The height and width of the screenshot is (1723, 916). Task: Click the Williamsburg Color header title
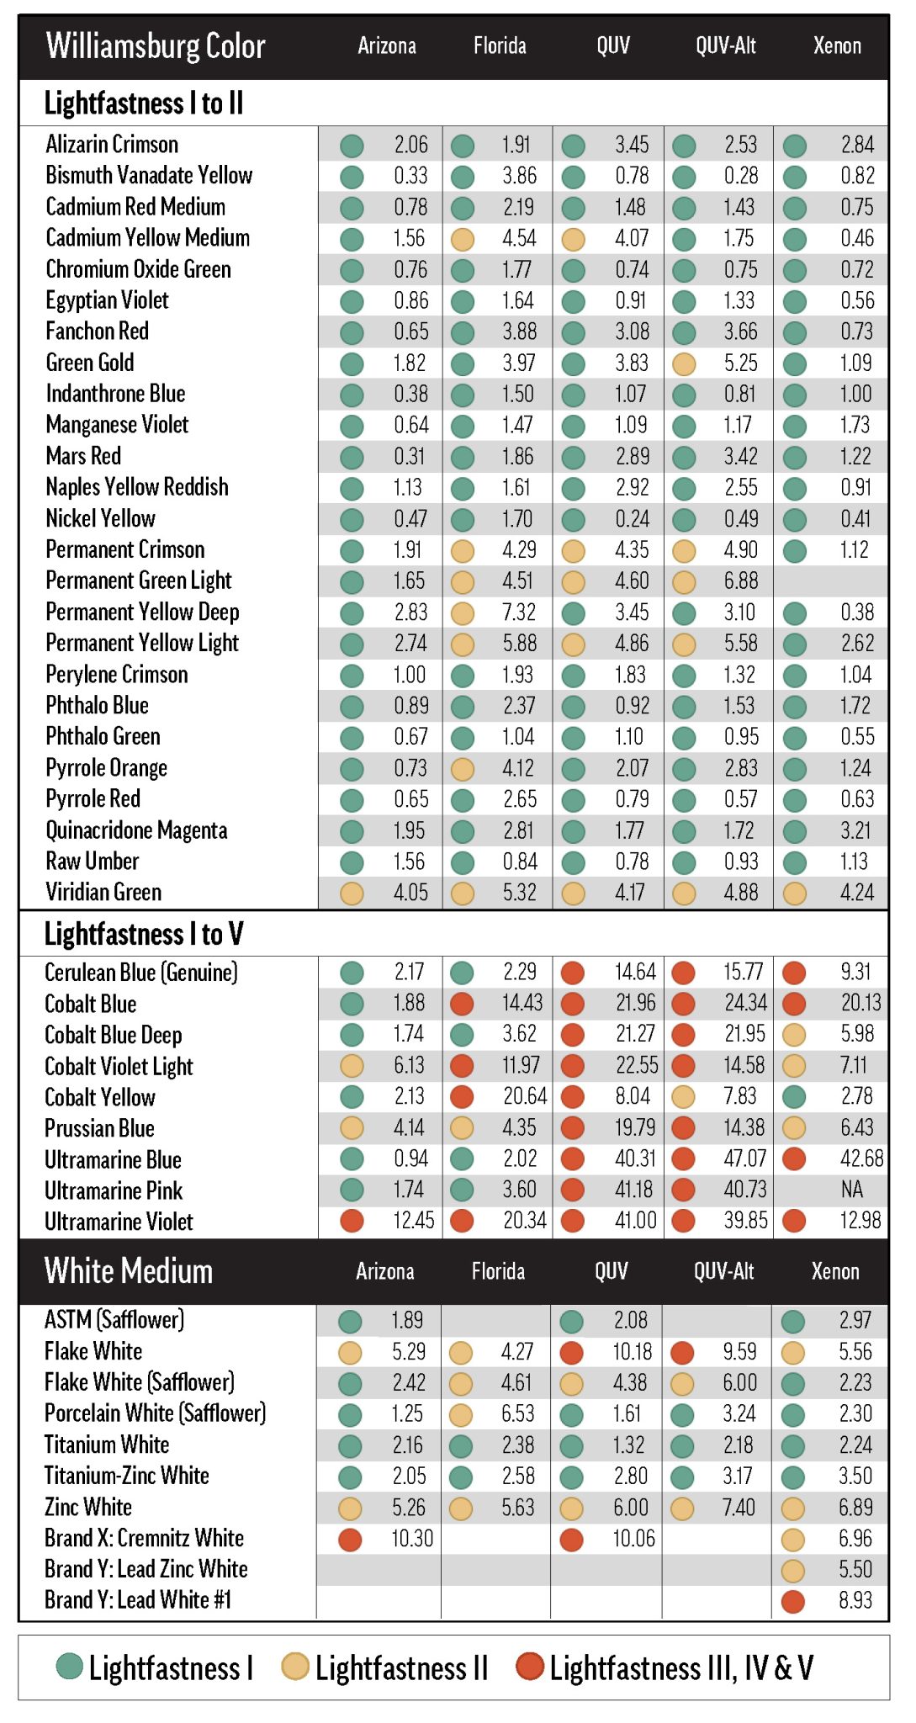[x=156, y=46]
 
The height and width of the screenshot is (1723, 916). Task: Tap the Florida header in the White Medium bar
[x=498, y=1271]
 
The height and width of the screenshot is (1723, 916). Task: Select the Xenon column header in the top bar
[x=837, y=45]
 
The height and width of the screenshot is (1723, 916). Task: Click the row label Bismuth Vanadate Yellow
[x=149, y=176]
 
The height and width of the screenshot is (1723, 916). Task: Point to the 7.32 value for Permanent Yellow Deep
[x=519, y=612]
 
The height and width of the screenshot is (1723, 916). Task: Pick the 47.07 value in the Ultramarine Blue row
[x=744, y=1159]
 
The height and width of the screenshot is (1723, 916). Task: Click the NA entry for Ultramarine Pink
[x=851, y=1190]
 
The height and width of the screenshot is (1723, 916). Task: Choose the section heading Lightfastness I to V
[x=144, y=934]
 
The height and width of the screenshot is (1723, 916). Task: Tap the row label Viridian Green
[x=103, y=893]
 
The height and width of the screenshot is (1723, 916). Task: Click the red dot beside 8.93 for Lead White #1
[x=793, y=1601]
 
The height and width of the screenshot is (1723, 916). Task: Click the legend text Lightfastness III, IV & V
[x=681, y=1667]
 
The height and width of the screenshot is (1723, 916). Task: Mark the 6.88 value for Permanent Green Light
[x=740, y=581]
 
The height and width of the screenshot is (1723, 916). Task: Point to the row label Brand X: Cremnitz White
[x=144, y=1539]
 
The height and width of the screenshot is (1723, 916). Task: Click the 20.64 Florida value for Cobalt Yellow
[x=525, y=1097]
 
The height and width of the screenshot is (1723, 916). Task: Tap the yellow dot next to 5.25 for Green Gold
[x=684, y=364]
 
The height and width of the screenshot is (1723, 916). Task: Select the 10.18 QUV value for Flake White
[x=632, y=1352]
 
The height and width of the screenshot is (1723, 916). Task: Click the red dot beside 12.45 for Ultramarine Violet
[x=351, y=1221]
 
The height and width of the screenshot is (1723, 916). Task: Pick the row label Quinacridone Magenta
[x=136, y=830]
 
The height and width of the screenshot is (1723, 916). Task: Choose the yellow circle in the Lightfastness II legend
[x=294, y=1666]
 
